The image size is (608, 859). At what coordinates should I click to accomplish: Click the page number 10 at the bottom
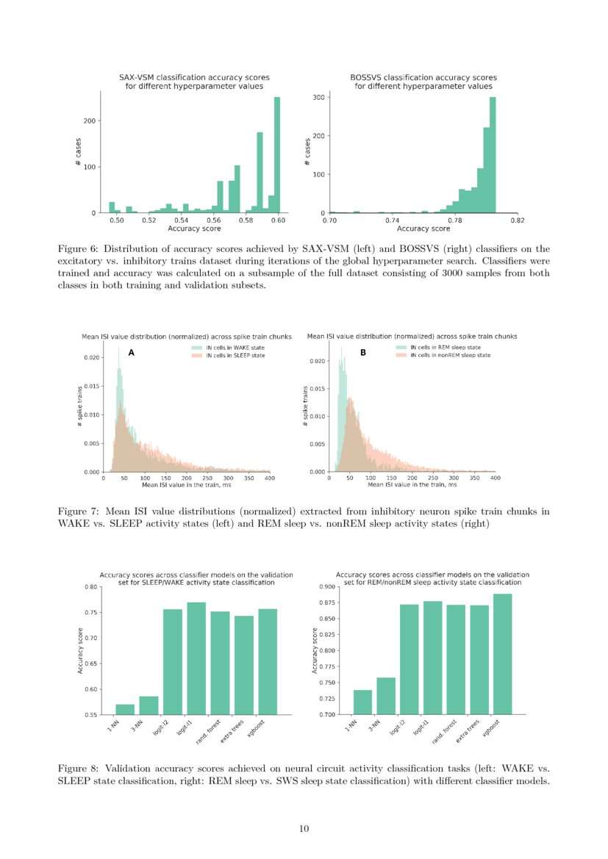[x=304, y=829]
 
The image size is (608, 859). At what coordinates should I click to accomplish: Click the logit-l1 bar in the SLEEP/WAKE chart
[x=196, y=658]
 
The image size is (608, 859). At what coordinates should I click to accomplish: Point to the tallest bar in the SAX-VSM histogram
[x=277, y=155]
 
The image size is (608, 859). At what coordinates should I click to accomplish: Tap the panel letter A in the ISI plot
[x=131, y=353]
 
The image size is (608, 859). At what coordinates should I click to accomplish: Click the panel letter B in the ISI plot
[x=362, y=353]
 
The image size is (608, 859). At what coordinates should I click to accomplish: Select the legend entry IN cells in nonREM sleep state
[x=450, y=355]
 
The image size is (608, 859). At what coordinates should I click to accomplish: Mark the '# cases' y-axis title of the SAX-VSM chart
[x=78, y=153]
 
